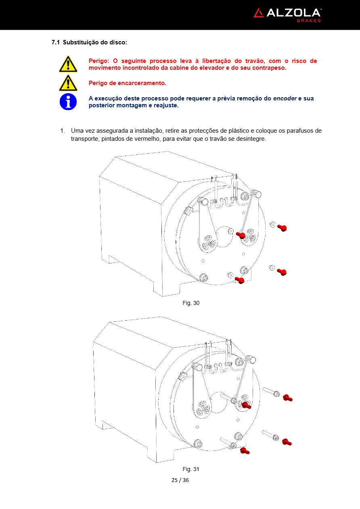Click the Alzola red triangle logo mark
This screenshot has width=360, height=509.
[x=259, y=13]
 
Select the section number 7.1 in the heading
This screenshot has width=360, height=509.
[x=56, y=42]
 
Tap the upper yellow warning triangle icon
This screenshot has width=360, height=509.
[x=68, y=65]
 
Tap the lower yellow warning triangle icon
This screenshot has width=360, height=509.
[x=68, y=83]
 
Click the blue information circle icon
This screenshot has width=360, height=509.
[x=68, y=102]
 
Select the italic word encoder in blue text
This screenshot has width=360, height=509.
[x=285, y=98]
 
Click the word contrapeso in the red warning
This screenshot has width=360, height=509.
[x=269, y=68]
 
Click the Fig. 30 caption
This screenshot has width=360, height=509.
[x=191, y=303]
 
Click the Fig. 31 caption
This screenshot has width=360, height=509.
[x=191, y=469]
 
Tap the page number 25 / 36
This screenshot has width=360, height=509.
[x=180, y=480]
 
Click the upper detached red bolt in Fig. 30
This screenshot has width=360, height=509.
[x=282, y=228]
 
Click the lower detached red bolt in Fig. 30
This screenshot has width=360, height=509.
[x=282, y=272]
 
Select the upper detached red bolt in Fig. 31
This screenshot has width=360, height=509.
[x=287, y=398]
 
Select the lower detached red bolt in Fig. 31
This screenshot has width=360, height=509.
[x=287, y=442]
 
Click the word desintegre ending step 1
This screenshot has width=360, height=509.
[x=251, y=139]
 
